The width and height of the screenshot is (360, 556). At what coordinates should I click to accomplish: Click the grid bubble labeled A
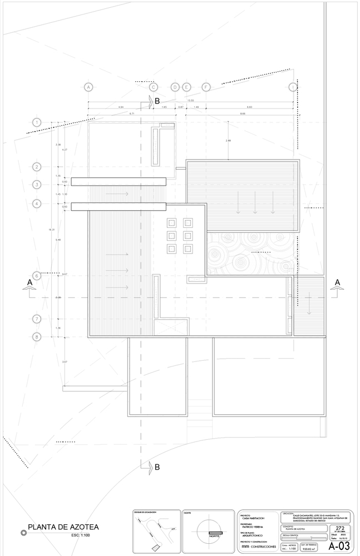click(x=87, y=87)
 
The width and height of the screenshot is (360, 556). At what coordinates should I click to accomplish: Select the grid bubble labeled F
click(x=206, y=87)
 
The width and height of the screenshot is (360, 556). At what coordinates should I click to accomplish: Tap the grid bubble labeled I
click(x=293, y=87)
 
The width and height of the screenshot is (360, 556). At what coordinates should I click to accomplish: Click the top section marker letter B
click(x=157, y=101)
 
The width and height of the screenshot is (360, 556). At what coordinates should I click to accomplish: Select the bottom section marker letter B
click(x=157, y=467)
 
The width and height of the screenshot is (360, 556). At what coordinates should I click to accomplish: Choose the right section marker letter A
click(x=337, y=282)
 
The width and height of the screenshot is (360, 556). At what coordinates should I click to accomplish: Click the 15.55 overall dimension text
click(x=190, y=101)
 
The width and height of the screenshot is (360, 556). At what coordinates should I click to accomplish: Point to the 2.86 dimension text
click(x=228, y=141)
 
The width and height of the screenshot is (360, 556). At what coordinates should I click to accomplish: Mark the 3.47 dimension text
click(x=65, y=362)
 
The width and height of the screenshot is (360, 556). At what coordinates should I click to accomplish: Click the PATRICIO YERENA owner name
click(x=251, y=527)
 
